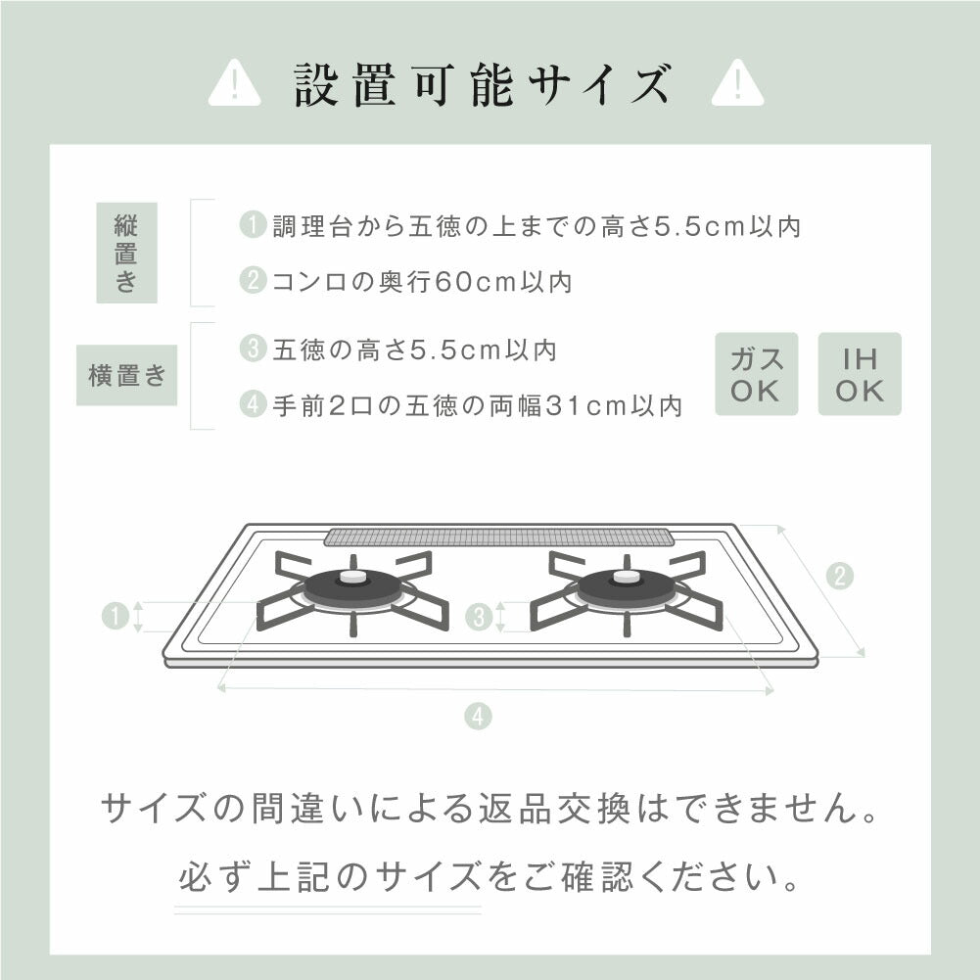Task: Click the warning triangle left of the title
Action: pyautogui.click(x=234, y=83)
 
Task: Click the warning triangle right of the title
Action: pyautogui.click(x=737, y=83)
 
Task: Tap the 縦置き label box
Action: pyautogui.click(x=127, y=253)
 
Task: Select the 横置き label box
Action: pyautogui.click(x=127, y=375)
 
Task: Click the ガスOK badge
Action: pyautogui.click(x=756, y=374)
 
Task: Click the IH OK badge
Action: pyautogui.click(x=860, y=374)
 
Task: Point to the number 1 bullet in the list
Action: pyautogui.click(x=253, y=224)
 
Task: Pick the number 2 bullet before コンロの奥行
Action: pyautogui.click(x=253, y=280)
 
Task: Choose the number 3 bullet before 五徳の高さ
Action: pyautogui.click(x=253, y=349)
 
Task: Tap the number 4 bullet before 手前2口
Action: pyautogui.click(x=253, y=404)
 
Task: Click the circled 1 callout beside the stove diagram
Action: pyautogui.click(x=115, y=616)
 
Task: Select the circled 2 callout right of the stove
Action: pyautogui.click(x=839, y=576)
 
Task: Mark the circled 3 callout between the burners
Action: pyautogui.click(x=479, y=618)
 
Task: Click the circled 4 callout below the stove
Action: pyautogui.click(x=478, y=717)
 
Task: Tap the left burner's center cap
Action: pyautogui.click(x=353, y=577)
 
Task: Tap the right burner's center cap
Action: pyautogui.click(x=627, y=577)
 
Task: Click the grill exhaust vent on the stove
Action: pyautogui.click(x=498, y=537)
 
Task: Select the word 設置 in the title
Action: pyautogui.click(x=345, y=84)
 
